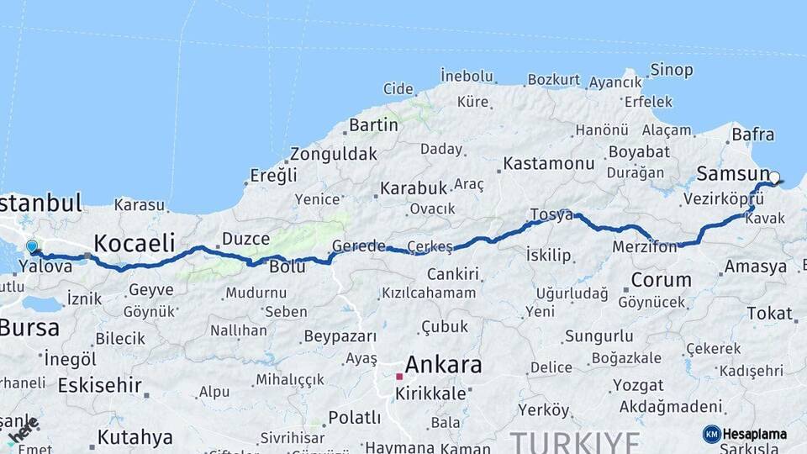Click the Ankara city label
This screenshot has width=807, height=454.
[x=443, y=365]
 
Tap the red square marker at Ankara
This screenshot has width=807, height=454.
[x=399, y=376]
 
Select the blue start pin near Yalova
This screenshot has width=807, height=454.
[x=32, y=247]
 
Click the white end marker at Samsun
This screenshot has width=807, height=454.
[x=774, y=177]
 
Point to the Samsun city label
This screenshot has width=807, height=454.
[x=727, y=174]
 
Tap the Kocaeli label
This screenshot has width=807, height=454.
[x=134, y=243]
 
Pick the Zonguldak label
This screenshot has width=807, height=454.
[x=334, y=155]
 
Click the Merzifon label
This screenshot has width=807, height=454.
[x=645, y=248]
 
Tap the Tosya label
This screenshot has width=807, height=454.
[x=551, y=215]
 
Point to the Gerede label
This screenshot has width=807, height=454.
[x=358, y=246]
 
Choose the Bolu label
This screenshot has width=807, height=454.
[x=287, y=267]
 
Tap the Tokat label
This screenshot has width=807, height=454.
[x=769, y=314]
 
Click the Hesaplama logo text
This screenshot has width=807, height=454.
[x=755, y=435]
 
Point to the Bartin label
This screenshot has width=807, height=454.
[x=373, y=124]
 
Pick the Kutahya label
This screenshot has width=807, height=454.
[x=134, y=437]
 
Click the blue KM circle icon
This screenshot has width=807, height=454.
[x=712, y=434]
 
